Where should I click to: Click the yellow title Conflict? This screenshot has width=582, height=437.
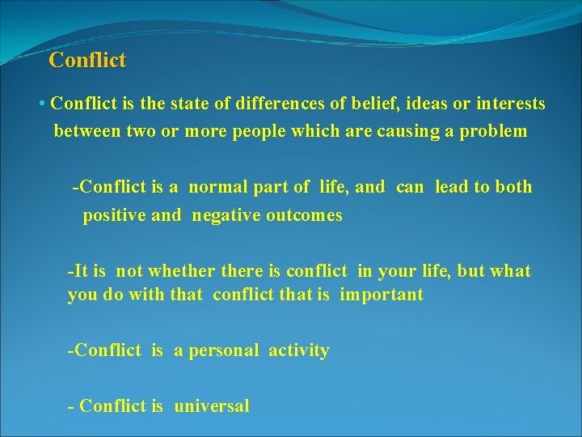87,60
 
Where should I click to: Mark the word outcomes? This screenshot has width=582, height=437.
304,216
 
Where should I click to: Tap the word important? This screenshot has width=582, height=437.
381,295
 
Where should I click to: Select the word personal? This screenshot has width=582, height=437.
224,350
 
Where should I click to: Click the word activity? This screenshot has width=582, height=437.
299,350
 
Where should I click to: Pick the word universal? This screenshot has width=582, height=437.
212,406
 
